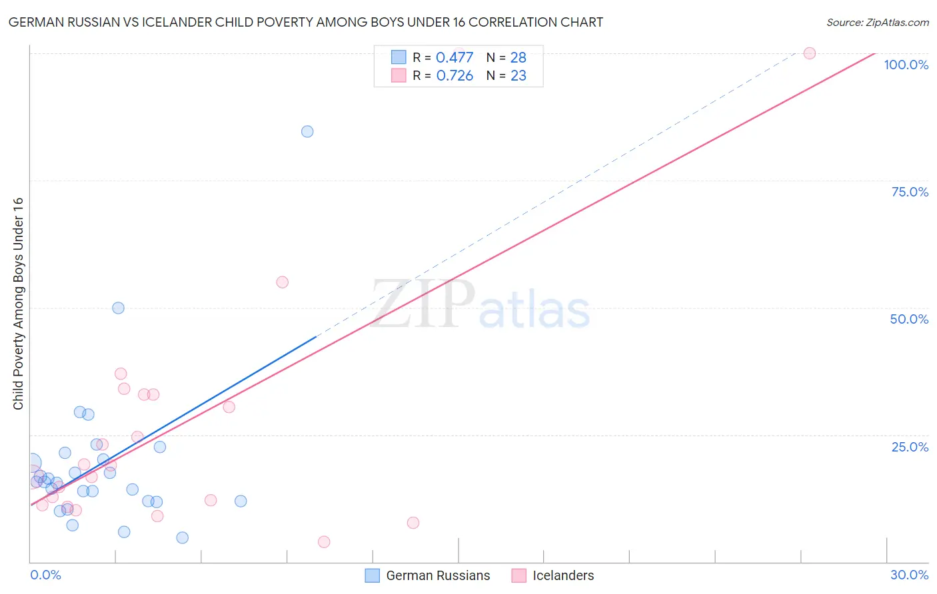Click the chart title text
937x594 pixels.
(306, 22)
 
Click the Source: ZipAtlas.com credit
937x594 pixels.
(877, 23)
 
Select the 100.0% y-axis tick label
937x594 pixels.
(906, 65)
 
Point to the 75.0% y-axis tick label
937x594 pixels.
(910, 192)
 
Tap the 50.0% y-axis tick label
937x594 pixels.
(909, 319)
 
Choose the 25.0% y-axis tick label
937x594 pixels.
(910, 447)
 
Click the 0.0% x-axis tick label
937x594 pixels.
(45, 575)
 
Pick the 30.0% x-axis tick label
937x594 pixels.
(909, 575)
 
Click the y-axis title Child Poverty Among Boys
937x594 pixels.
(19, 304)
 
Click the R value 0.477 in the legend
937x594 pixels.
(455, 58)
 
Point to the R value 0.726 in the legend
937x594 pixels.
(455, 76)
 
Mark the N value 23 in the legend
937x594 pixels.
(518, 76)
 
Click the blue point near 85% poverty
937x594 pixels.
(307, 131)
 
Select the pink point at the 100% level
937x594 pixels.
(810, 53)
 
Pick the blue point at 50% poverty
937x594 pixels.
(118, 308)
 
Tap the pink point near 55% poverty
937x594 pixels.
(282, 282)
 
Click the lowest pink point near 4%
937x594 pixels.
(324, 542)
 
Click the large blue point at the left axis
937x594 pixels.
(31, 462)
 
